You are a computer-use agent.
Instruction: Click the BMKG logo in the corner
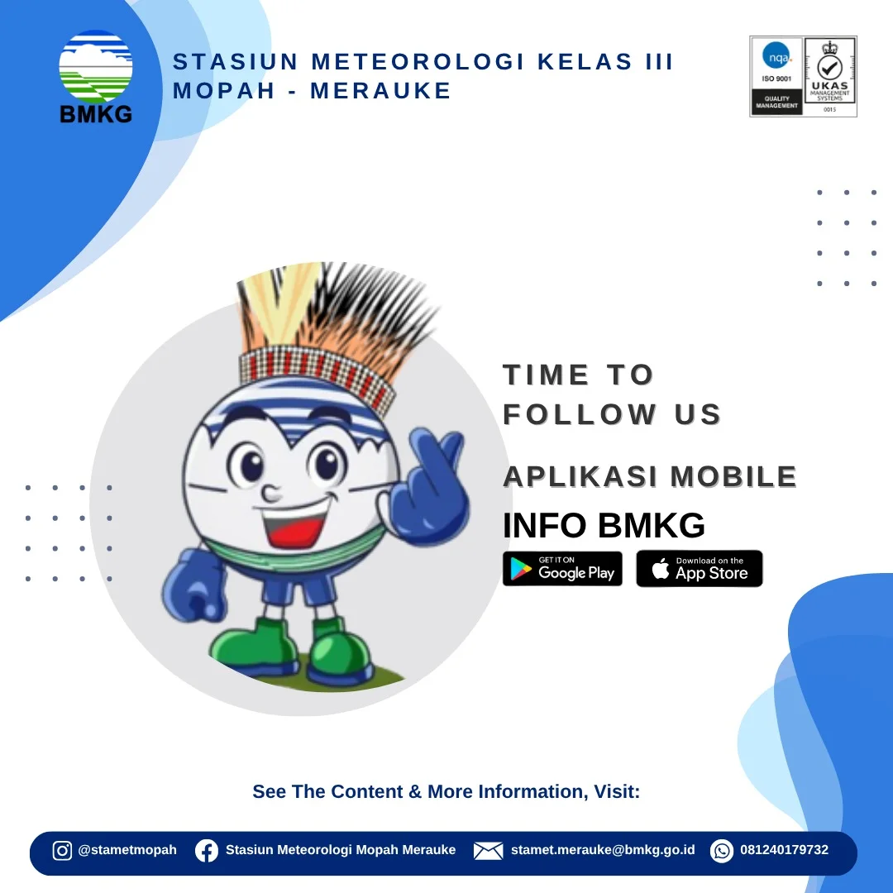[x=96, y=77]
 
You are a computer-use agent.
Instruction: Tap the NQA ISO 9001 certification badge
[x=776, y=76]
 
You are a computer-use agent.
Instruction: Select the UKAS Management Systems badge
[x=830, y=76]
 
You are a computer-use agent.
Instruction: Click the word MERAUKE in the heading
[x=380, y=91]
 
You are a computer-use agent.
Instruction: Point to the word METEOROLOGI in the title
[x=418, y=61]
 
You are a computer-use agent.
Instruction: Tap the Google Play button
[x=562, y=568]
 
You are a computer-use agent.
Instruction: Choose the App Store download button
[x=700, y=568]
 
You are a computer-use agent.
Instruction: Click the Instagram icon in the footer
[x=62, y=850]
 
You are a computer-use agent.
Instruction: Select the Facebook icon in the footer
[x=206, y=851]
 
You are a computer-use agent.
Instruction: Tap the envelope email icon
[x=488, y=851]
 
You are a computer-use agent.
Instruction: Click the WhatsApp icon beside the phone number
[x=722, y=851]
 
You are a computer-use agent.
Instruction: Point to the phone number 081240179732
[x=784, y=850]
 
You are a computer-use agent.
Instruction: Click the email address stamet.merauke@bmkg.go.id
[x=603, y=850]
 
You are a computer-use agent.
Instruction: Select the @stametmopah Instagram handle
[x=127, y=850]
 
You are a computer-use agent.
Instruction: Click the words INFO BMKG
[x=604, y=525]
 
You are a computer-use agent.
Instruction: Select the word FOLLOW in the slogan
[x=580, y=414]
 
